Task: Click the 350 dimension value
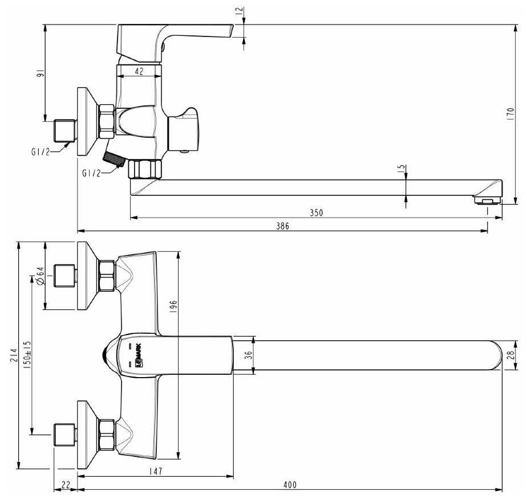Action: coord(316,212)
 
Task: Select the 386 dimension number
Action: coord(282,226)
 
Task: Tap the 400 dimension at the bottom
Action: coord(290,485)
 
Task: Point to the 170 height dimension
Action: coord(510,113)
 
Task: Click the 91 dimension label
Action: coord(40,73)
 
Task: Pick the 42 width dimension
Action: coord(139,71)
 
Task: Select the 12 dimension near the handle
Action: coord(239,11)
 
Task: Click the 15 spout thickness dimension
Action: coord(402,169)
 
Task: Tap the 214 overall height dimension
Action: coord(14,355)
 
